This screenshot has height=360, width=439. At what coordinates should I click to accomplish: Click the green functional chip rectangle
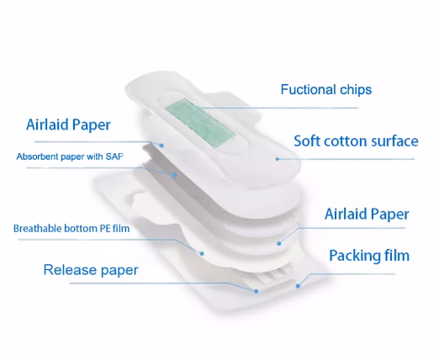(x=200, y=123)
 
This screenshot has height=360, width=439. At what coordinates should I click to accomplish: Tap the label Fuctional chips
(x=326, y=90)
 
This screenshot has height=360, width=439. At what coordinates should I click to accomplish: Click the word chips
(x=356, y=90)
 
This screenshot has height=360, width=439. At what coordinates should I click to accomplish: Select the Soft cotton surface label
(x=356, y=141)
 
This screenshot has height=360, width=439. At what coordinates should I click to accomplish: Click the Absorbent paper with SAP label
(x=70, y=156)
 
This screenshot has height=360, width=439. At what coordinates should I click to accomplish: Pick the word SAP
(x=114, y=156)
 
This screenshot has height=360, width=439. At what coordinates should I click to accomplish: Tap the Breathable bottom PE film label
(x=71, y=229)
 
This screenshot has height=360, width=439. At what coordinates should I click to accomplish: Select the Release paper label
(x=91, y=270)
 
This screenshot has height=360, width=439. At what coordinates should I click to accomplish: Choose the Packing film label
(x=369, y=256)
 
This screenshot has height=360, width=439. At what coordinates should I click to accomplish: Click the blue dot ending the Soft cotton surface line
(x=278, y=159)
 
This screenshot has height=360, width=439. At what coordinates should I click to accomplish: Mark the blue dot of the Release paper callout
(x=256, y=291)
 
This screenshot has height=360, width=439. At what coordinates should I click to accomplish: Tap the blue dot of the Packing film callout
(x=298, y=286)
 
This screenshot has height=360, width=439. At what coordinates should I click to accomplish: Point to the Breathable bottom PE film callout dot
(x=202, y=254)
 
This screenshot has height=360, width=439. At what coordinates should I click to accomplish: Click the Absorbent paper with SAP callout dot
(x=174, y=175)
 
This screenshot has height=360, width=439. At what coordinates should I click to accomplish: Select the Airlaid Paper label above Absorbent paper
(x=68, y=124)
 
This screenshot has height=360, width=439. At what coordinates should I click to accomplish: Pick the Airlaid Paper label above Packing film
(x=367, y=214)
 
